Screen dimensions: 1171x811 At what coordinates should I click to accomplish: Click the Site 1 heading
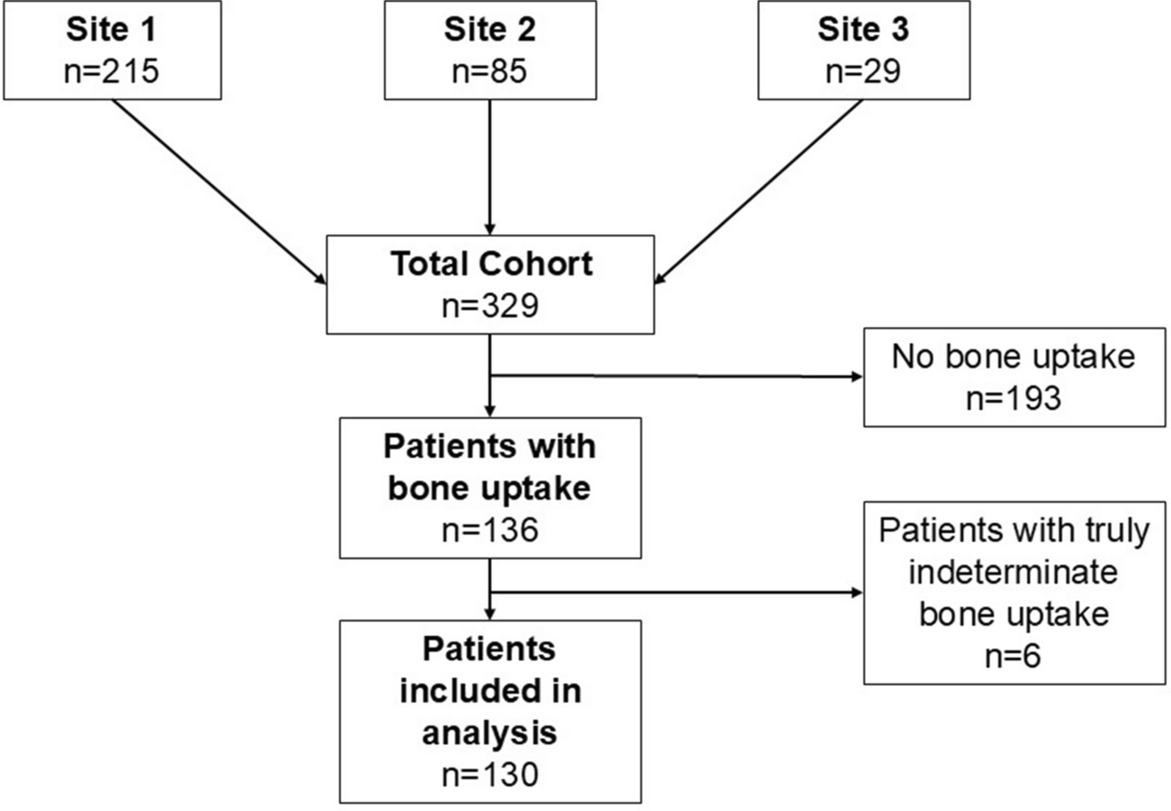[111, 29]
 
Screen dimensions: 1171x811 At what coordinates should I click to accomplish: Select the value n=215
[111, 70]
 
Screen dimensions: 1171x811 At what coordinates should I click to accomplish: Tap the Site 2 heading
[490, 29]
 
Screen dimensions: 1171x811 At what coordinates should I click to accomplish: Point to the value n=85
[490, 70]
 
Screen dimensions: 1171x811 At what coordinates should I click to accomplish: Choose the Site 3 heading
[864, 29]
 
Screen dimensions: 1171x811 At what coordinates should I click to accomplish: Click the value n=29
[864, 70]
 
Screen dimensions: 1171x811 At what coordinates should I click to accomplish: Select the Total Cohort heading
[492, 264]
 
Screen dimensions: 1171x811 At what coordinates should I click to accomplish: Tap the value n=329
[491, 305]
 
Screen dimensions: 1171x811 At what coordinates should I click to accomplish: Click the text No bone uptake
[1014, 357]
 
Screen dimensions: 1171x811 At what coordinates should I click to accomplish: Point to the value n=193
[1014, 398]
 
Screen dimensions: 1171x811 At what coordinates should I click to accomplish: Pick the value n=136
[491, 530]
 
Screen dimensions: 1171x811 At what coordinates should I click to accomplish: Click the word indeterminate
[1013, 572]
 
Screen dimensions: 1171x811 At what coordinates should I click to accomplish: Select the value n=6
[1013, 656]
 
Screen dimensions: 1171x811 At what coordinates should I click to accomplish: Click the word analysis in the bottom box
[490, 733]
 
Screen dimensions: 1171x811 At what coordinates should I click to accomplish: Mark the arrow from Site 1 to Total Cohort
[219, 191]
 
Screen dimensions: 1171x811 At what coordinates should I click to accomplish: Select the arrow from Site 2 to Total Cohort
[490, 167]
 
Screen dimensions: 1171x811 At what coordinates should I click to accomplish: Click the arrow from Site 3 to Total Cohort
[758, 191]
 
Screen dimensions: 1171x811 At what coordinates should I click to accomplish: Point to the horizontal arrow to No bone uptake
[676, 376]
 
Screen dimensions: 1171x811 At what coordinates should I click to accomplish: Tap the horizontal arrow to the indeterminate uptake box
[676, 592]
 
